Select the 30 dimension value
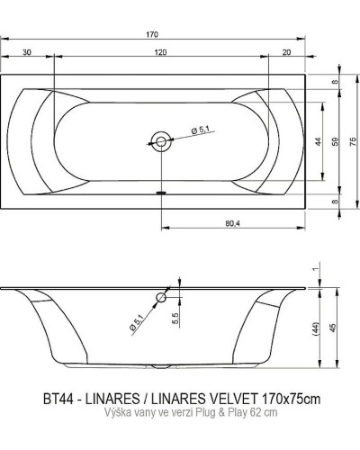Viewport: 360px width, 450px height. point(27,53)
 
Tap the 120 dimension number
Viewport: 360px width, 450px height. point(159,53)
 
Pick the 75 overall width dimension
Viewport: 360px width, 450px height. point(354,141)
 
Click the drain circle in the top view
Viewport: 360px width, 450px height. point(160,139)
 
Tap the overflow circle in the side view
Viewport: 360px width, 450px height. point(161,297)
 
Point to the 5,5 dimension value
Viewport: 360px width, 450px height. point(175,318)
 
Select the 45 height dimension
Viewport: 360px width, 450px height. point(336,328)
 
